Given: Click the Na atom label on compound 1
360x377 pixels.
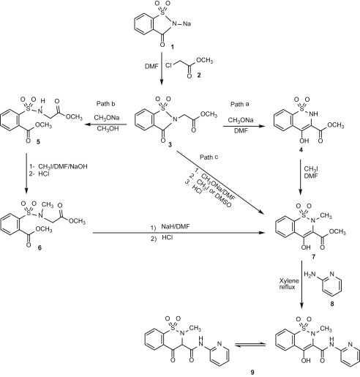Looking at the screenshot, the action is (187, 23).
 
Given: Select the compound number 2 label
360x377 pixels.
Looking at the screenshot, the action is (199, 75).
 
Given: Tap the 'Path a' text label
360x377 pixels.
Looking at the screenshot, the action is (240, 104).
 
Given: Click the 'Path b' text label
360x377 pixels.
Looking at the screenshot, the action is (106, 104).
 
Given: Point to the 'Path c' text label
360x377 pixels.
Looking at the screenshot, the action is (209, 157).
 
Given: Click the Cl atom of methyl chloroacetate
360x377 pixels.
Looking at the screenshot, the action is (169, 65).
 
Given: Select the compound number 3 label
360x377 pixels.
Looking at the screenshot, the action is (170, 144).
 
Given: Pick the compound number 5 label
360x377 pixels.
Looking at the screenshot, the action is (38, 141).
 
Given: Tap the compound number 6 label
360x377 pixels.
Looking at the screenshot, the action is (40, 247).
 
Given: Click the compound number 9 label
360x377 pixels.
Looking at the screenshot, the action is (252, 372).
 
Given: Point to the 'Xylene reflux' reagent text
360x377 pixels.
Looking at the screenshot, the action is (289, 284).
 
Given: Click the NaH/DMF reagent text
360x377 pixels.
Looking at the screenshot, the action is (176, 226).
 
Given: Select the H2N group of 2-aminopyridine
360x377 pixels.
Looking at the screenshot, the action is (310, 275).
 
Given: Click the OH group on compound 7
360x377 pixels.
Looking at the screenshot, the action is (306, 247).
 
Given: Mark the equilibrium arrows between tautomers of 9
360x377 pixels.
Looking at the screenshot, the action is (250, 345).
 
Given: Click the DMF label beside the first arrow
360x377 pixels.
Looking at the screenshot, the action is (151, 66).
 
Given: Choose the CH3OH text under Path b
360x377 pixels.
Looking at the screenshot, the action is (108, 128).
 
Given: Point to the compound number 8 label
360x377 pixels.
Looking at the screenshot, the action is (332, 304).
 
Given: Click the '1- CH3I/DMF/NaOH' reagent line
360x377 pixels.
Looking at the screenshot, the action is (59, 167).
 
